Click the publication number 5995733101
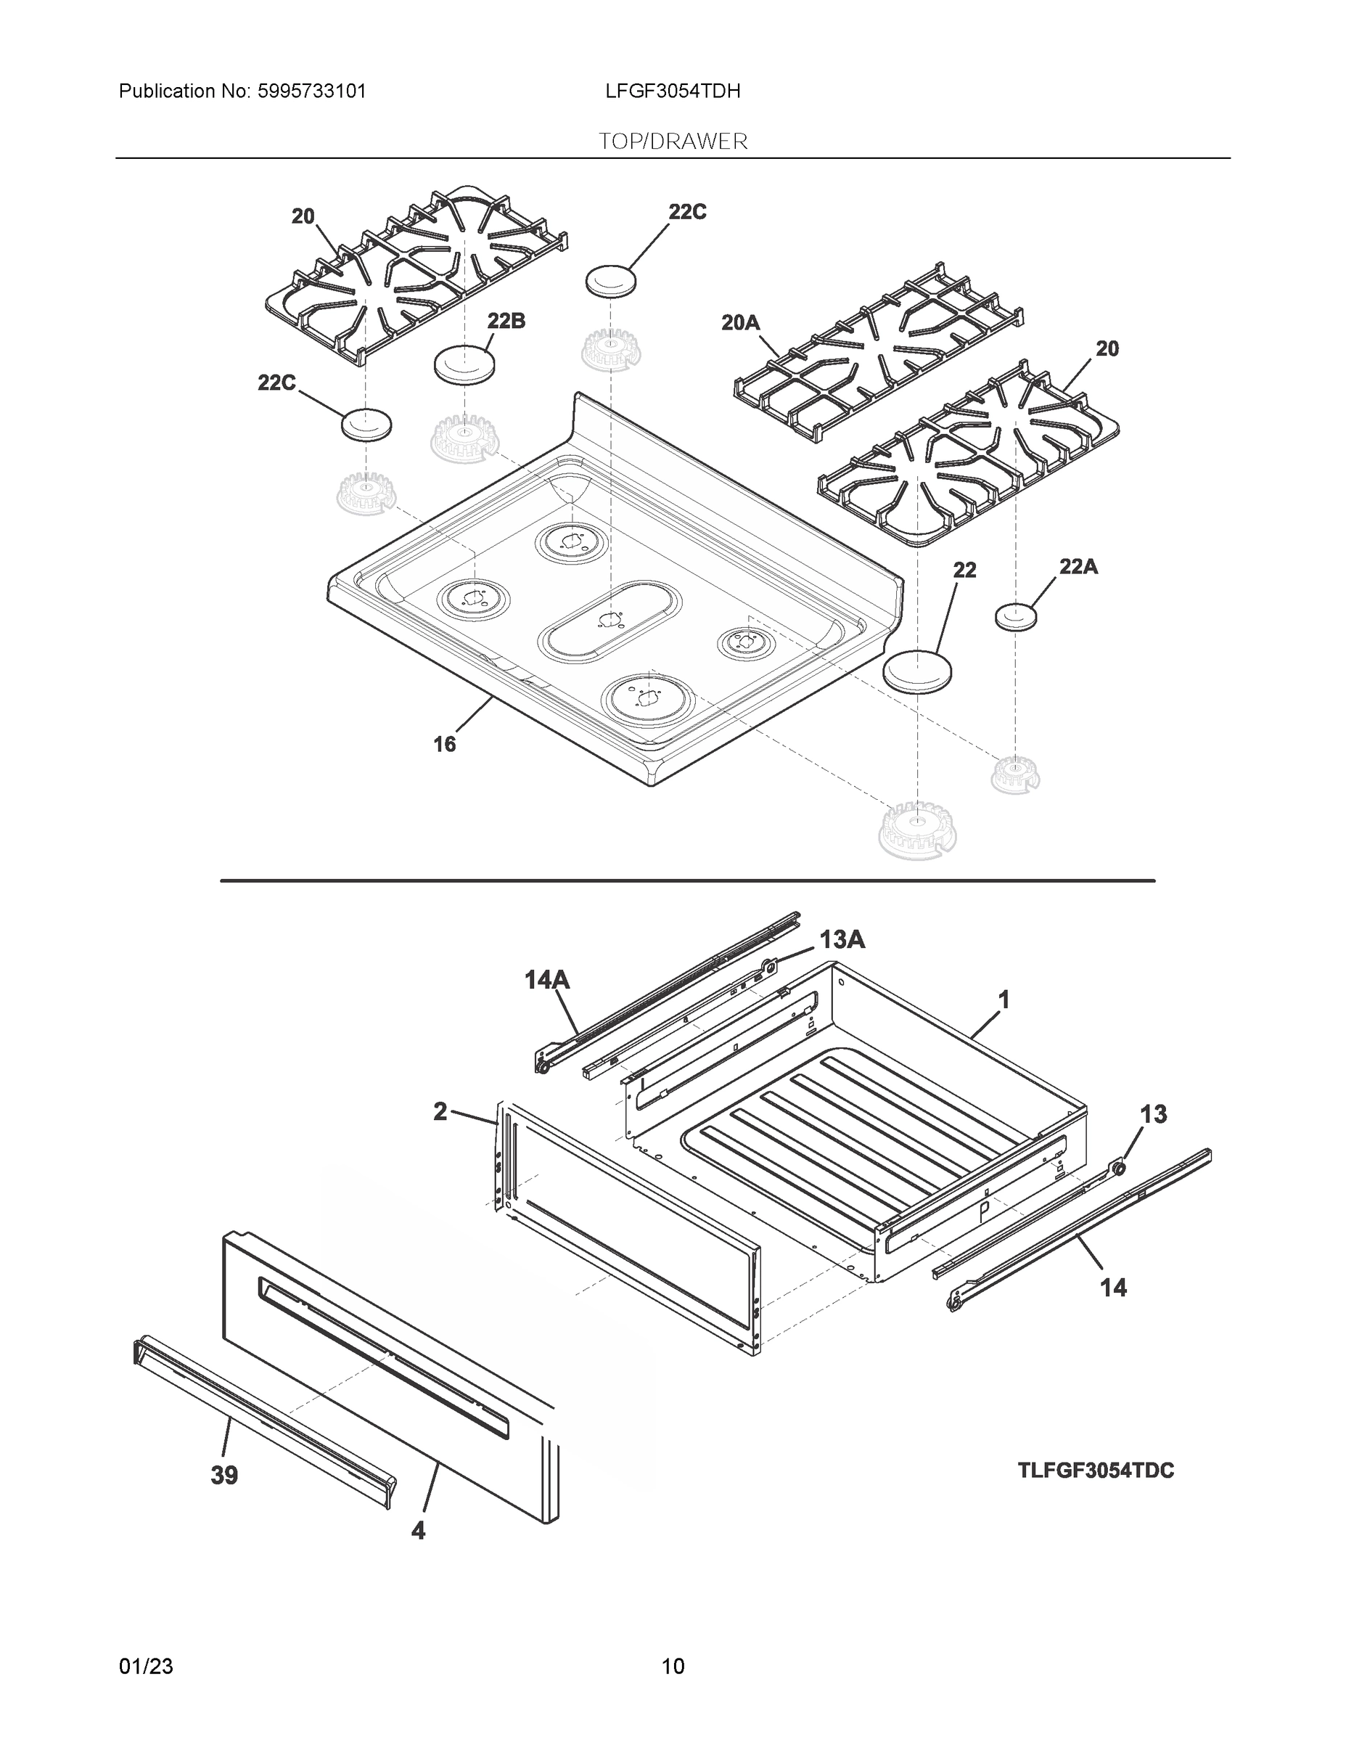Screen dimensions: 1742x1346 (311, 91)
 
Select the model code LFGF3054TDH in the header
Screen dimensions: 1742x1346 (672, 91)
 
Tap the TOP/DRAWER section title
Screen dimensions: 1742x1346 (673, 142)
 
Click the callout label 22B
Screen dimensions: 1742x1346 (506, 322)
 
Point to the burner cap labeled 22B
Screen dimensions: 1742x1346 (464, 364)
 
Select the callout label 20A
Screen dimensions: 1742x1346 (741, 322)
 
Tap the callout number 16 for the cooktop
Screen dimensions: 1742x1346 (444, 744)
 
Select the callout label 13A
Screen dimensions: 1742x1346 (842, 941)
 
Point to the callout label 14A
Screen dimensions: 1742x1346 (547, 979)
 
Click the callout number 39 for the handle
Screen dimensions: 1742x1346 (224, 1476)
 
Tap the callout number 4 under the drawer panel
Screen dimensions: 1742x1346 (418, 1531)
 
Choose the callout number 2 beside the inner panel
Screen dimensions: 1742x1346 (440, 1112)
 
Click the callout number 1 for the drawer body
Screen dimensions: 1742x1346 (1004, 999)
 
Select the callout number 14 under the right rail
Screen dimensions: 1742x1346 (1113, 1288)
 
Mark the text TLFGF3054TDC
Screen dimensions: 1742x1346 (1095, 1471)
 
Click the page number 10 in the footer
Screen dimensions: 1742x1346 (673, 1667)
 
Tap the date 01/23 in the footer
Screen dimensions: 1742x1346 (146, 1667)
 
